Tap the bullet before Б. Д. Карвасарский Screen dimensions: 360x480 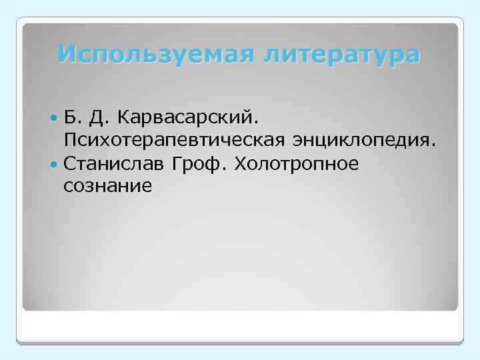coord(54,118)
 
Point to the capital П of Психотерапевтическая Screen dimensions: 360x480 coord(70,141)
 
